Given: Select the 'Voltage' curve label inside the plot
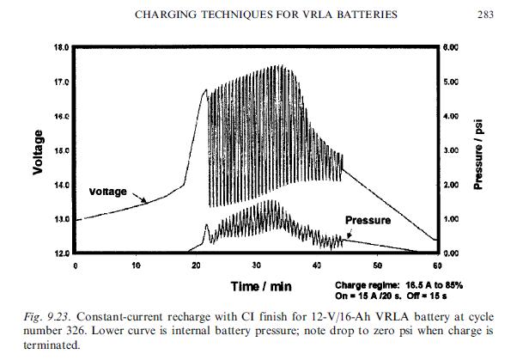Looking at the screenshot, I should tap(107, 191).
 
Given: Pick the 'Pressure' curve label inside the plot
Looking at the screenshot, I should tap(367, 221).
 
